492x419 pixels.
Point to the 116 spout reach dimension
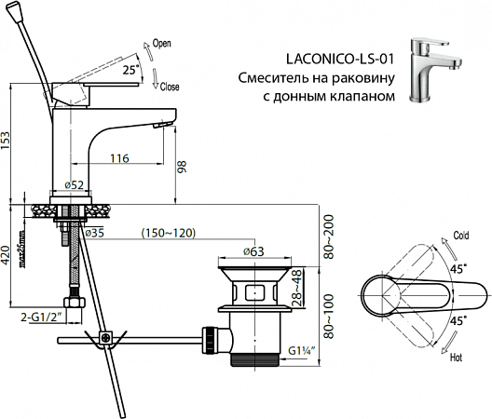pyautogui.click(x=116, y=159)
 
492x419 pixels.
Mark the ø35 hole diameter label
pyautogui.click(x=97, y=233)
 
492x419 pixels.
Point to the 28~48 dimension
pyautogui.click(x=297, y=290)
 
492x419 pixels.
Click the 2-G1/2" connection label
pyautogui.click(x=41, y=318)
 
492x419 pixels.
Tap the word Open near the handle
pyautogui.click(x=162, y=44)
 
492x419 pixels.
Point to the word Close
pyautogui.click(x=170, y=86)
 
